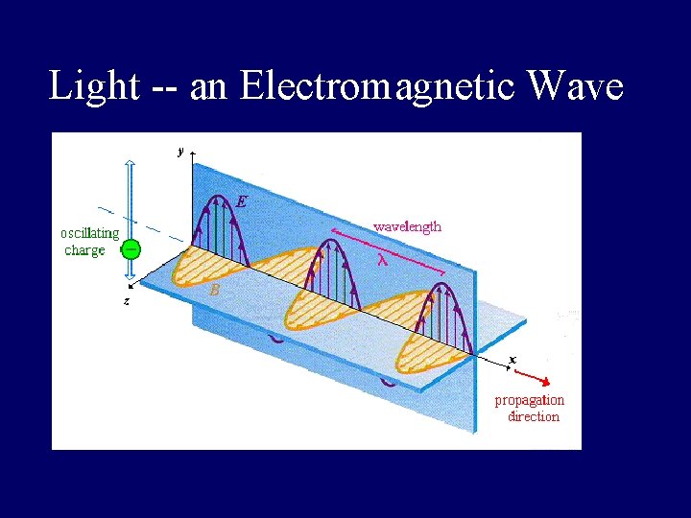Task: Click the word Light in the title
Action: click(94, 86)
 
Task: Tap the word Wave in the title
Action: click(576, 86)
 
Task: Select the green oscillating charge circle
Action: click(131, 248)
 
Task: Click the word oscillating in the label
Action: click(90, 233)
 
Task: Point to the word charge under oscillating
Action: click(84, 250)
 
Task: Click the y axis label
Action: click(179, 150)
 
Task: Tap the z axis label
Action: click(126, 301)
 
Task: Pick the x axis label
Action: click(512, 359)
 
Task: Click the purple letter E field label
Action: click(242, 201)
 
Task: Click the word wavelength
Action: click(407, 226)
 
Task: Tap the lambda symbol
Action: click(382, 258)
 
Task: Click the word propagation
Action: click(529, 400)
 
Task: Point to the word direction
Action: click(534, 416)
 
